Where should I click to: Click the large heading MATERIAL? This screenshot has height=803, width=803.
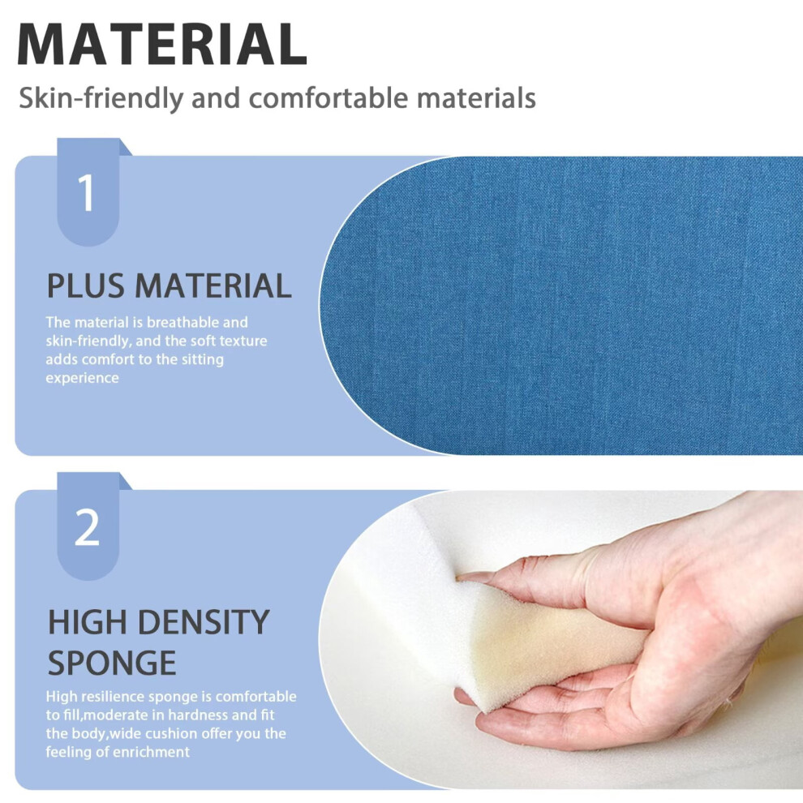pyautogui.click(x=162, y=45)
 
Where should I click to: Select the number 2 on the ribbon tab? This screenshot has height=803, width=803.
pyautogui.click(x=87, y=527)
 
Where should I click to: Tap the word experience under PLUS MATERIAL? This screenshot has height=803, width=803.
pyautogui.click(x=83, y=379)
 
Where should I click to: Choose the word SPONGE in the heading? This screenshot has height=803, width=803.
pyautogui.click(x=112, y=663)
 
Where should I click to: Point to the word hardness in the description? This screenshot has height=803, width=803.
pyautogui.click(x=197, y=715)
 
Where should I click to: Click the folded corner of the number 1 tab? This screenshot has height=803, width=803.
pyautogui.click(x=126, y=147)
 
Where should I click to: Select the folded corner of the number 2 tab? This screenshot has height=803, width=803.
pyautogui.click(x=126, y=481)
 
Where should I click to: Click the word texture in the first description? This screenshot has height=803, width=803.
pyautogui.click(x=243, y=341)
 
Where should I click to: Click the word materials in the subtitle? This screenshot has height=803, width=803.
pyautogui.click(x=476, y=97)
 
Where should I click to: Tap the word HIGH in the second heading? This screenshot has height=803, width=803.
pyautogui.click(x=88, y=622)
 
